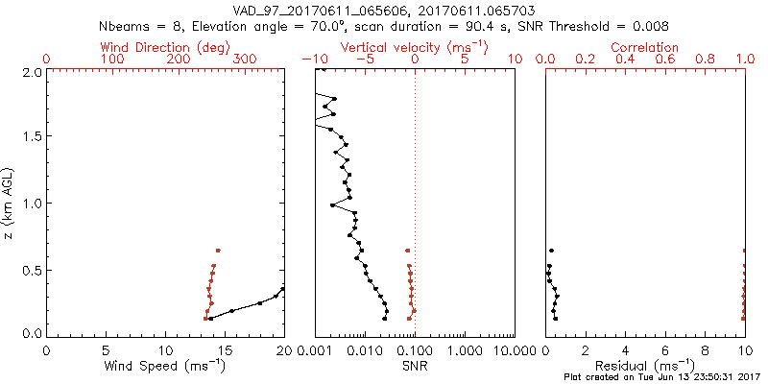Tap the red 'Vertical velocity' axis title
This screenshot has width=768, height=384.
(x=414, y=46)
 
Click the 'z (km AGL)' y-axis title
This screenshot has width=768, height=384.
(x=9, y=203)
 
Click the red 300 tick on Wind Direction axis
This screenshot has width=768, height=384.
(x=245, y=60)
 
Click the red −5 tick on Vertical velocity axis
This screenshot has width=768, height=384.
(x=363, y=60)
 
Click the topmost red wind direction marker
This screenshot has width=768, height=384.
(x=218, y=251)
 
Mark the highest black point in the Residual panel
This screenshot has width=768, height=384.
(x=551, y=251)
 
